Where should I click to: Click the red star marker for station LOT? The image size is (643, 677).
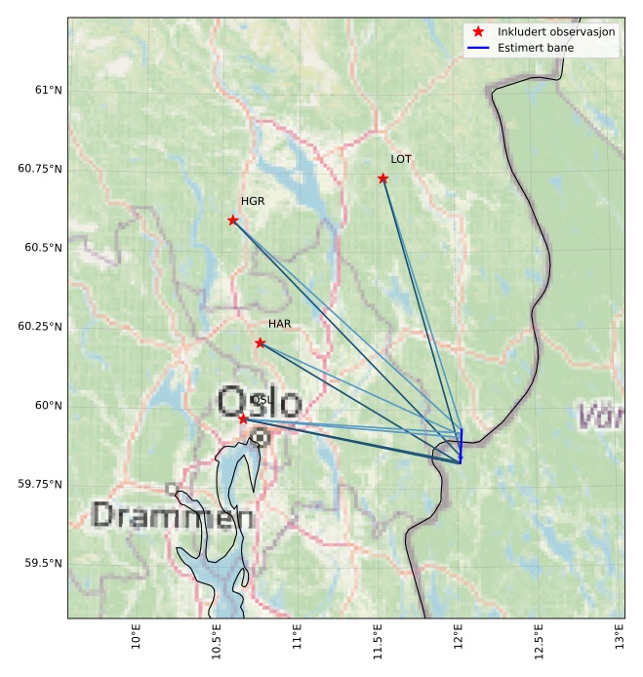pyautogui.click(x=382, y=179)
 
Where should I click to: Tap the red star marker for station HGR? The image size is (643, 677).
pyautogui.click(x=232, y=220)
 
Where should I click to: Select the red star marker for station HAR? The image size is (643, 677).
pyautogui.click(x=260, y=343)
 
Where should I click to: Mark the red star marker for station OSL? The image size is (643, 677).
pyautogui.click(x=243, y=418)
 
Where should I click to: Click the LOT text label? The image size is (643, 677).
pyautogui.click(x=401, y=159)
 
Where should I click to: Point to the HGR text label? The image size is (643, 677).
pyautogui.click(x=253, y=201)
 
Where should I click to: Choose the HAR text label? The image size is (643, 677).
pyautogui.click(x=280, y=324)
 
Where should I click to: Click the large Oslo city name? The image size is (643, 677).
pyautogui.click(x=260, y=402)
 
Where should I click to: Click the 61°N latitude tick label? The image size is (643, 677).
pyautogui.click(x=48, y=90)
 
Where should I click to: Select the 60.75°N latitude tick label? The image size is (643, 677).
pyautogui.click(x=40, y=169)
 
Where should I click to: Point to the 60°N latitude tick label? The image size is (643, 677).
pyautogui.click(x=48, y=405)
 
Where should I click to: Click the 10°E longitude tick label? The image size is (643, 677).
pyautogui.click(x=137, y=637)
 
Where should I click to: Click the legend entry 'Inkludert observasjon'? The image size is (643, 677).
pyautogui.click(x=556, y=32)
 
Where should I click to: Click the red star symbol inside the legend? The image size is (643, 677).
pyautogui.click(x=478, y=32)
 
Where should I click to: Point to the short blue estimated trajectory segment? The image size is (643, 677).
pyautogui.click(x=461, y=445)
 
